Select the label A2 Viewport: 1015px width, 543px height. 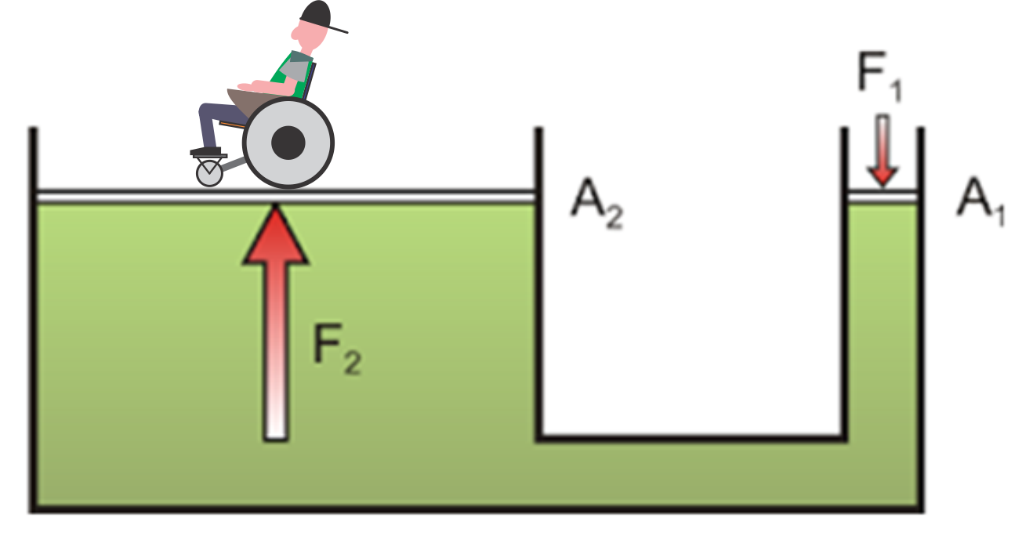coord(596,205)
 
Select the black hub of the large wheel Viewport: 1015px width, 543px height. coord(288,142)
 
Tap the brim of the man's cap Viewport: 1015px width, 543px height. coord(339,30)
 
